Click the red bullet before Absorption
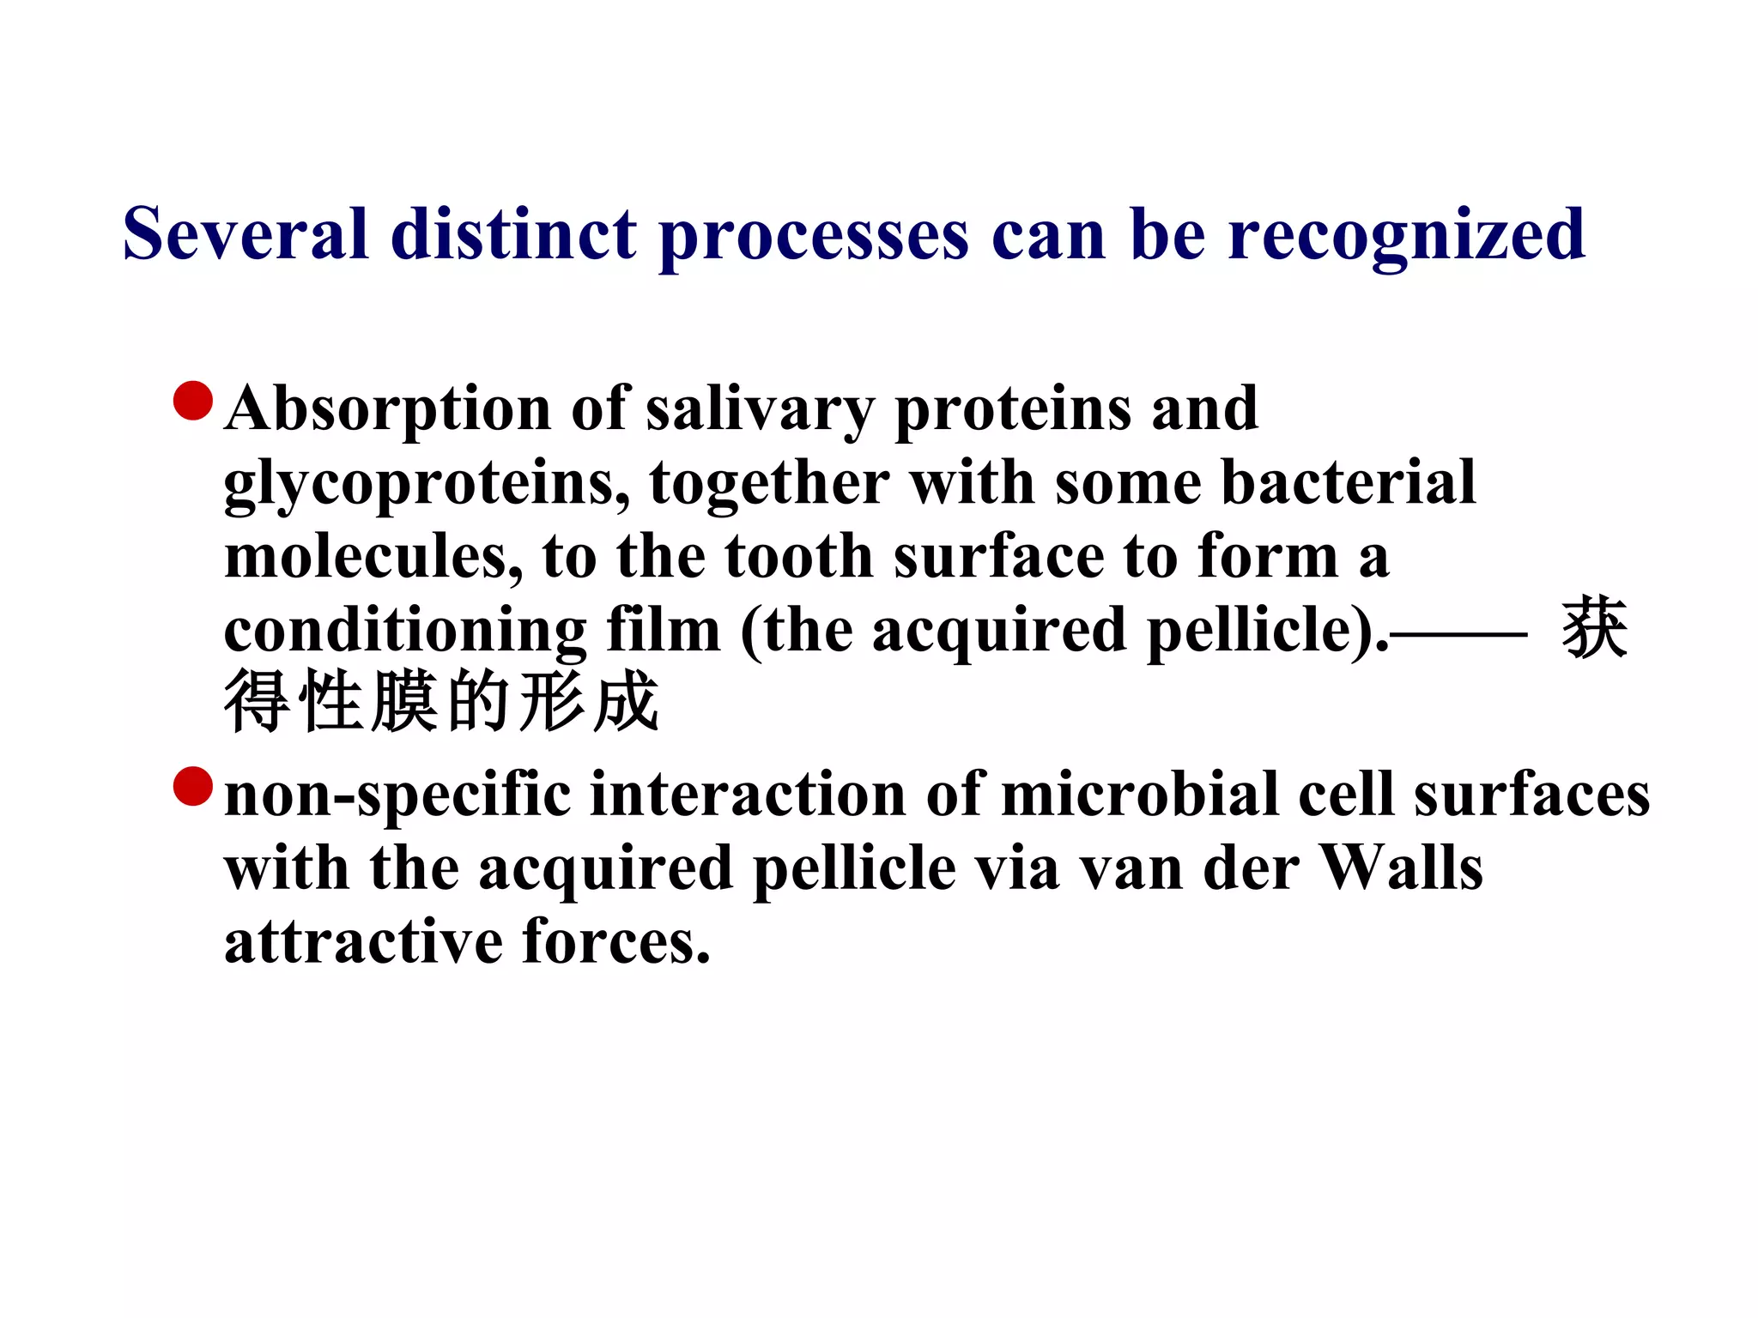[193, 401]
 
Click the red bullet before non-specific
[193, 786]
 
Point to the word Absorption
[387, 410]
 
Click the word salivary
[760, 410]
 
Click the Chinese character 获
[1594, 629]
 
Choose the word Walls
[1400, 868]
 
